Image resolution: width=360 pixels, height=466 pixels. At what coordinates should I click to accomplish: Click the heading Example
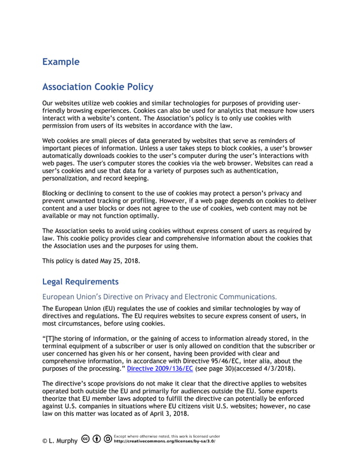(61, 61)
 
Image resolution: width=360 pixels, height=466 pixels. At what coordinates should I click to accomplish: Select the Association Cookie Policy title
(98, 87)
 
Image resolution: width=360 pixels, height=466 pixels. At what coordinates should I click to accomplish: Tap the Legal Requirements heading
(80, 281)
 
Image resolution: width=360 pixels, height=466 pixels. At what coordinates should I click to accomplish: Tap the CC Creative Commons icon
(85, 439)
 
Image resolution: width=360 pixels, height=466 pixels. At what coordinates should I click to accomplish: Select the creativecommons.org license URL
(164, 441)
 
